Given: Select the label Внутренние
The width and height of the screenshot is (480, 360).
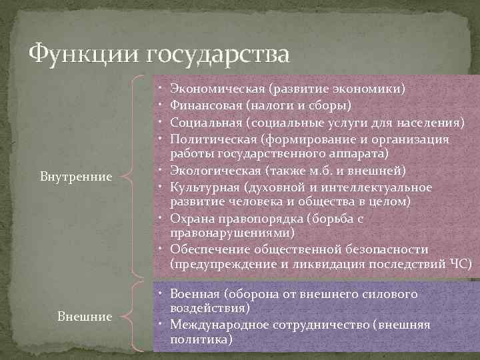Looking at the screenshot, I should (75, 177).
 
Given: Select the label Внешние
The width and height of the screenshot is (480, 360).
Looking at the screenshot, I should (84, 316).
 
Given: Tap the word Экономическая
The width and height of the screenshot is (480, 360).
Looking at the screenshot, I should (218, 88).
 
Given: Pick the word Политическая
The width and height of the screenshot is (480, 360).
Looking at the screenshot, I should (214, 140).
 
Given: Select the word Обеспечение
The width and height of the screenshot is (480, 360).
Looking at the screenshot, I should (207, 249).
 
